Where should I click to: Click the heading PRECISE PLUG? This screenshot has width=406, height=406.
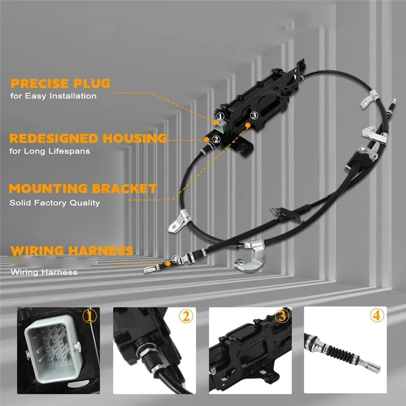click(x=60, y=83)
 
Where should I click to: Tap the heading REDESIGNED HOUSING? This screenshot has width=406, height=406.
click(x=88, y=138)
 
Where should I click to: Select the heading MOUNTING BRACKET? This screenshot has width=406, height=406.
click(x=83, y=189)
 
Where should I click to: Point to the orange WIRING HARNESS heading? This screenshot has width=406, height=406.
click(x=72, y=250)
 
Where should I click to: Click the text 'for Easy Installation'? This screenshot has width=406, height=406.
click(x=53, y=95)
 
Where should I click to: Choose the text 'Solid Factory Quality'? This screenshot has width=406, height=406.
click(x=54, y=202)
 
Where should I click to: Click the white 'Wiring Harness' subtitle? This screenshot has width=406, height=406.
click(x=44, y=272)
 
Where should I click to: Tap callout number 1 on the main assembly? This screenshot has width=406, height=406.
click(x=220, y=116)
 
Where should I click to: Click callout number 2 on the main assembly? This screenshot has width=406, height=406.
click(x=216, y=139)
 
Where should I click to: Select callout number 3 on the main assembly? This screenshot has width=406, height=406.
click(x=254, y=115)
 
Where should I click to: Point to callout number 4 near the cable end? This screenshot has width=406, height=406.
click(x=175, y=259)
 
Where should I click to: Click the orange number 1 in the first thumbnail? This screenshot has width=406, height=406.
click(x=89, y=317)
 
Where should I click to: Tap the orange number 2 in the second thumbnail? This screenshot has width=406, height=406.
click(x=186, y=317)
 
